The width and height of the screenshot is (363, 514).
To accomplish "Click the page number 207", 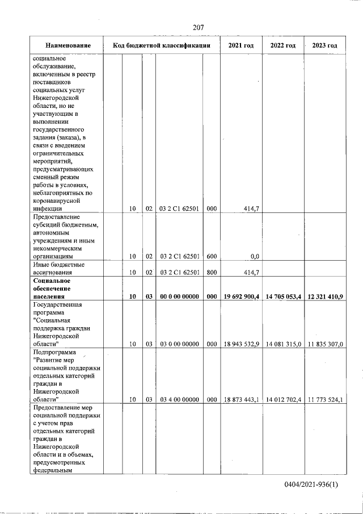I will click(198, 27).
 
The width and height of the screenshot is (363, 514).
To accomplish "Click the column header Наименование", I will click(67, 45).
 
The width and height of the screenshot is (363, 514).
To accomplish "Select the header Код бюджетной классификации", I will click(162, 45).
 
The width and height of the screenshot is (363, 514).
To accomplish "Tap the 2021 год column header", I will click(240, 45).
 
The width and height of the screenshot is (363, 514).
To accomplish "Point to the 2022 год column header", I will click(282, 45).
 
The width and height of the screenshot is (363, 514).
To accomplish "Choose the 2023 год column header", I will click(324, 45).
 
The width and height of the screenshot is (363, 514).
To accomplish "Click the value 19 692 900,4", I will click(242, 296).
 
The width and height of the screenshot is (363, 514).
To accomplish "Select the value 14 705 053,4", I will click(283, 296).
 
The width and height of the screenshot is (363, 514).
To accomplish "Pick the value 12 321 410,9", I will click(325, 296).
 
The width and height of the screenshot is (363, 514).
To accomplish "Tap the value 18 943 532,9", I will click(242, 344).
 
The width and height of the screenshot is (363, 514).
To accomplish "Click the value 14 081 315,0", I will click(283, 344).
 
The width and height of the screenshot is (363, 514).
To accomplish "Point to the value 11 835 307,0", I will click(325, 344).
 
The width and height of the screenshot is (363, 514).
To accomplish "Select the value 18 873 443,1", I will click(242, 399).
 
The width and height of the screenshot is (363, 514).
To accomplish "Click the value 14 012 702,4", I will click(283, 399).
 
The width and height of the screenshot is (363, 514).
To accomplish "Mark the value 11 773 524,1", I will click(325, 399).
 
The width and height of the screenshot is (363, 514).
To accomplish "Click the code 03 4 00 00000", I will click(179, 399).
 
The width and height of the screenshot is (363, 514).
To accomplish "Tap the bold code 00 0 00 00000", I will click(179, 296).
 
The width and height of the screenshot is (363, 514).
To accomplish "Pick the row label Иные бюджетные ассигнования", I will click(59, 268).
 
